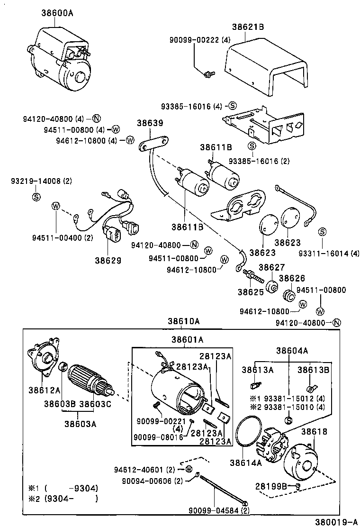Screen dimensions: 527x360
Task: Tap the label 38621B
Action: coord(248,27)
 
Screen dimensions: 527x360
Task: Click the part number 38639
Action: coord(151,123)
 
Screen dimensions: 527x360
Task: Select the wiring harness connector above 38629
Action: coord(114,235)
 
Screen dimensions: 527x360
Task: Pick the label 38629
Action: coord(108,260)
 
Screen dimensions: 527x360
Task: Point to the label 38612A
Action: coord(44,390)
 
